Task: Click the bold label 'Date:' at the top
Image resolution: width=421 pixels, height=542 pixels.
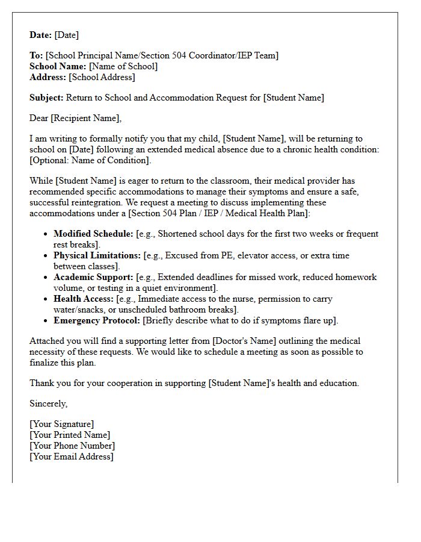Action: [x=41, y=35]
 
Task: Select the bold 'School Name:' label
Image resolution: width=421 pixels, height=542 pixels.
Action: [x=58, y=66]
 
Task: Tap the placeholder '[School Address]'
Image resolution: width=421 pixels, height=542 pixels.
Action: [x=102, y=77]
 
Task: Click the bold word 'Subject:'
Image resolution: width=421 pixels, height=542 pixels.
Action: [x=46, y=98]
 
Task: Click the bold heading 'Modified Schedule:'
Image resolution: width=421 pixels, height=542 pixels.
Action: [x=93, y=234]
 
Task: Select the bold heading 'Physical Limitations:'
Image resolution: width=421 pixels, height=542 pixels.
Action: [x=97, y=255]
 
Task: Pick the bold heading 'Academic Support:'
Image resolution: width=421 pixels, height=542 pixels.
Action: [x=93, y=277]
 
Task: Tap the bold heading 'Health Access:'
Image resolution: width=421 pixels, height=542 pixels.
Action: [x=84, y=299]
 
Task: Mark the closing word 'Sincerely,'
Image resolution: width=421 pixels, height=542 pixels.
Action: [x=49, y=403]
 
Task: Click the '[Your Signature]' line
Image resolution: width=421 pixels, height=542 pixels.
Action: [x=62, y=424]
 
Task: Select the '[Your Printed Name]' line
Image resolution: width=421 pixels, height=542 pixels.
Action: [x=70, y=435]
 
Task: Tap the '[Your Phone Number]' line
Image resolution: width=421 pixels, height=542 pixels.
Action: [x=72, y=446]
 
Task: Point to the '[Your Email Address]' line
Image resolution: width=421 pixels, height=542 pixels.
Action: [x=72, y=456]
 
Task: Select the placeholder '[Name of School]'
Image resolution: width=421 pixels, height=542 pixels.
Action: [x=123, y=66]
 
